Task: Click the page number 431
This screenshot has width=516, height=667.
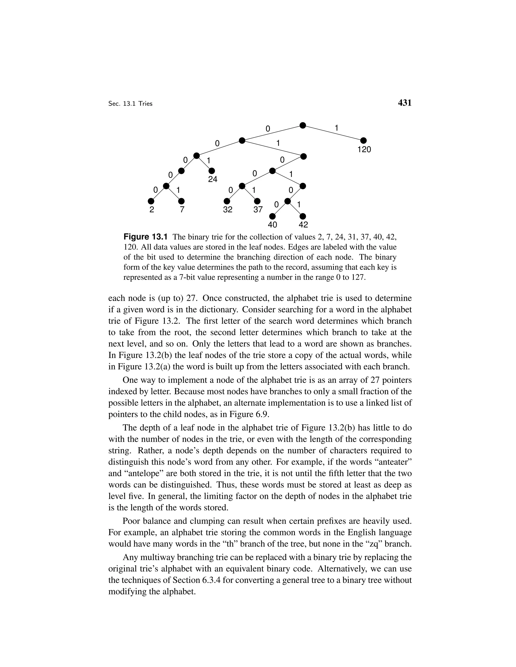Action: [405, 103]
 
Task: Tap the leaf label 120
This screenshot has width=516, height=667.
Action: [364, 150]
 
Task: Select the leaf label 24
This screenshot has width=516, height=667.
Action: [212, 179]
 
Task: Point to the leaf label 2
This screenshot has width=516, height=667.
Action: [151, 210]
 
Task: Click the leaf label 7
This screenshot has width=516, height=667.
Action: [182, 210]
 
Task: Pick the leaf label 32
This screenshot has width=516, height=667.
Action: [228, 210]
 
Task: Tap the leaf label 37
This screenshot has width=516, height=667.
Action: [258, 210]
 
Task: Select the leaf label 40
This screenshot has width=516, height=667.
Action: [272, 225]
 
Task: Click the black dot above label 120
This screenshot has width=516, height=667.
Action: [364, 140]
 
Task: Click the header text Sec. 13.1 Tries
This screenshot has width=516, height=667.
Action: [130, 104]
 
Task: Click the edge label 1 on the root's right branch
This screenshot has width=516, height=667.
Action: [336, 128]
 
